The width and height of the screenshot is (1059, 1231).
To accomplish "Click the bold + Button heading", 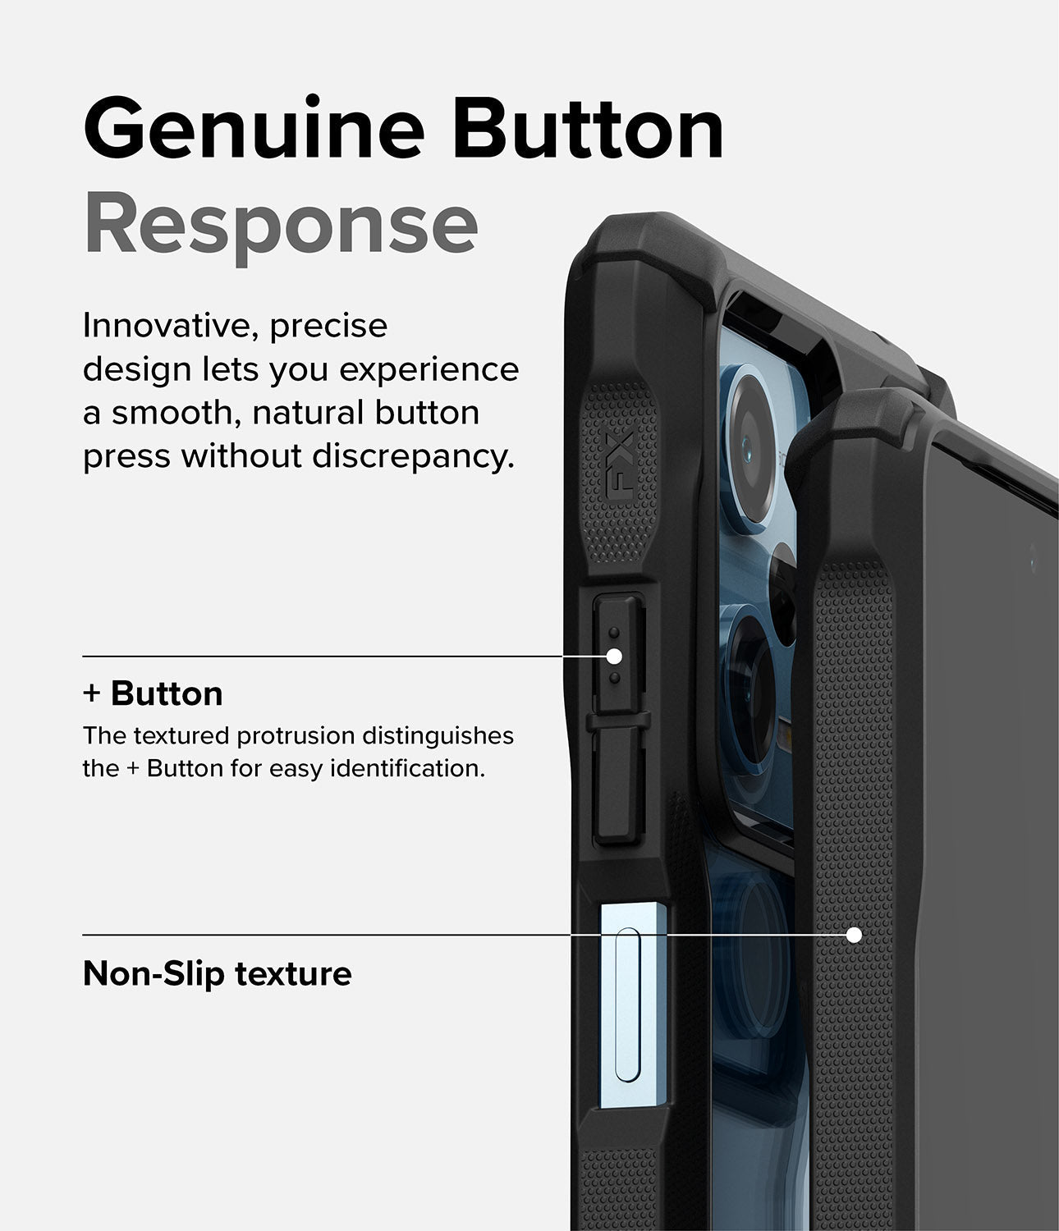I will point(153,693).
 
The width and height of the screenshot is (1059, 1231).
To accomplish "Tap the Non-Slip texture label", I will point(217,974).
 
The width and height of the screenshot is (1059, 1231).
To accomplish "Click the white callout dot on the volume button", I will point(614,656).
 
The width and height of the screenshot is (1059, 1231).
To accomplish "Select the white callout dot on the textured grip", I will point(854,935).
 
